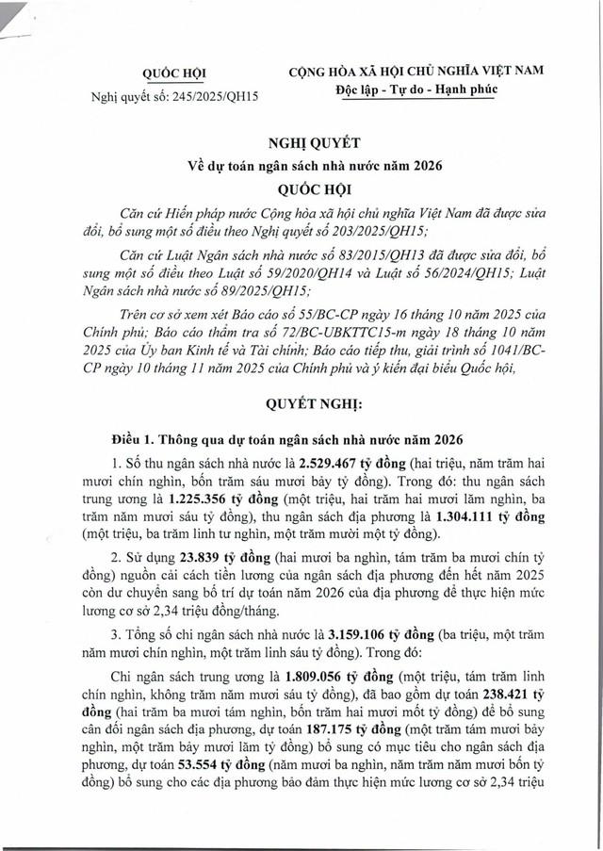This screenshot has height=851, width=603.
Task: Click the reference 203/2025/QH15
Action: click(372, 231)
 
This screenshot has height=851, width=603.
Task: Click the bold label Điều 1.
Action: click(136, 440)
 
